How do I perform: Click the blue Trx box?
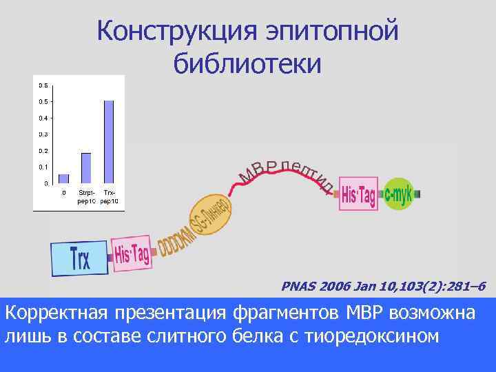pyautogui.click(x=81, y=256)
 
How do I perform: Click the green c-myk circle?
pyautogui.click(x=398, y=194)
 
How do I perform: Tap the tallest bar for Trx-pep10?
pyautogui.click(x=108, y=142)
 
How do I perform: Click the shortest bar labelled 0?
pyautogui.click(x=64, y=178)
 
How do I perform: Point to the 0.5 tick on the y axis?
pyautogui.click(x=43, y=102)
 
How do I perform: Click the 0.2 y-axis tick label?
pyautogui.click(x=43, y=151)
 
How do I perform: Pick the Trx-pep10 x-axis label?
pyautogui.click(x=109, y=196)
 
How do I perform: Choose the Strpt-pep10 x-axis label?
pyautogui.click(x=86, y=196)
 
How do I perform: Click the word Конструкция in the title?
pyautogui.click(x=169, y=31)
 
